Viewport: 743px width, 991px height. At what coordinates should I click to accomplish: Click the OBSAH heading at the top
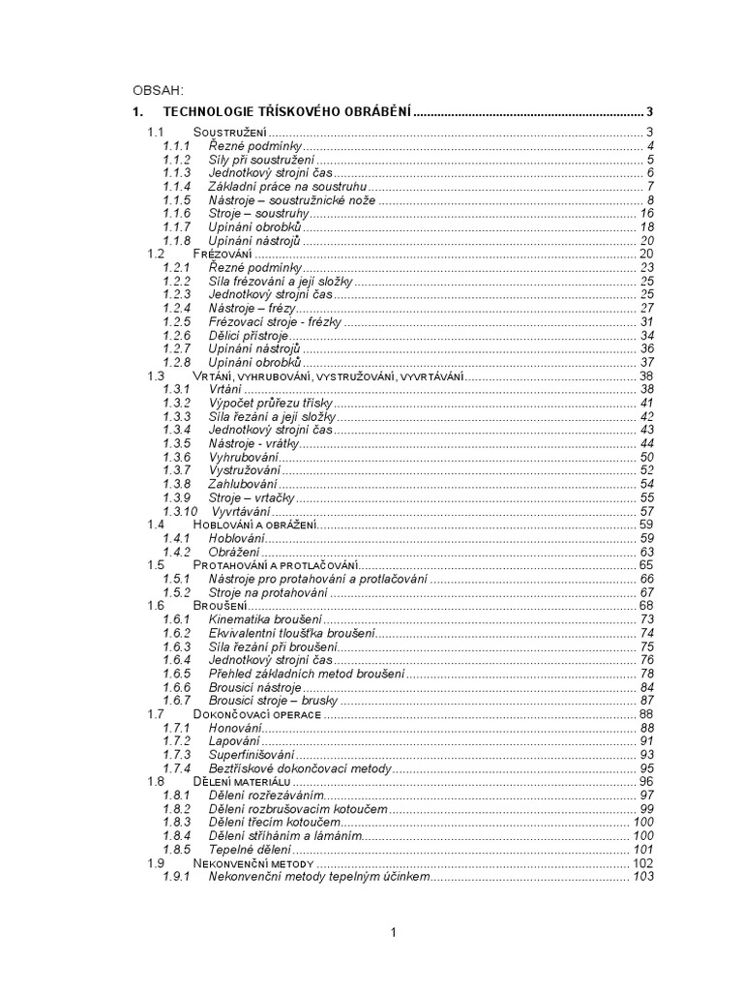[x=158, y=90]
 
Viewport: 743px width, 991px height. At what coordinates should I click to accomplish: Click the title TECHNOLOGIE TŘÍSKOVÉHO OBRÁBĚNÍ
[x=287, y=112]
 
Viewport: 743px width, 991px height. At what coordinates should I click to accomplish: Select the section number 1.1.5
[x=177, y=199]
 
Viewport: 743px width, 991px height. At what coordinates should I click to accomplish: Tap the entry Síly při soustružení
[x=262, y=159]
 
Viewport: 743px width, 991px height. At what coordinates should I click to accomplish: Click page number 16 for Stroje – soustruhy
[x=647, y=213]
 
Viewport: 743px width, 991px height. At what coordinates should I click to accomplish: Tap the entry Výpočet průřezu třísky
[x=272, y=402]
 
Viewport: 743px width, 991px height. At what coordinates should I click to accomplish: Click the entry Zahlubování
[x=243, y=483]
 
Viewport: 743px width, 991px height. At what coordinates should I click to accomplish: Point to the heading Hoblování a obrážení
[x=255, y=524]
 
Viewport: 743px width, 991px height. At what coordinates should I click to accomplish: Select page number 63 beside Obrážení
[x=647, y=551]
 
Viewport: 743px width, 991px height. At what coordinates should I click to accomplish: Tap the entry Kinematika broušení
[x=266, y=618]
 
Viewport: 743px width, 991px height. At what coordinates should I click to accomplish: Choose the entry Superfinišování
[x=253, y=754]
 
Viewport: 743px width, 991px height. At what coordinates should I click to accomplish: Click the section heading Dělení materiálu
[x=243, y=780]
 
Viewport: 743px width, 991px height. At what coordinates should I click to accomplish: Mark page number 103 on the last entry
[x=643, y=875]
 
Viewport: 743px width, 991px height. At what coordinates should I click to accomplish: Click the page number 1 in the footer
[x=394, y=932]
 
